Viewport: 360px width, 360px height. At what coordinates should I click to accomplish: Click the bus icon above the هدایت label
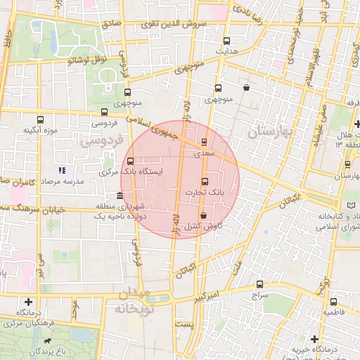point(226,41)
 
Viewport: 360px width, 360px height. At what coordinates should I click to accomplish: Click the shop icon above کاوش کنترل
point(203,215)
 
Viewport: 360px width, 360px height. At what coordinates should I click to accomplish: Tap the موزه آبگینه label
point(39,130)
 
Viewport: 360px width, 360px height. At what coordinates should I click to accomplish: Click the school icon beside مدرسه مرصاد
point(62,169)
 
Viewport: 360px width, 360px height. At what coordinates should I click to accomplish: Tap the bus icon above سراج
point(260,284)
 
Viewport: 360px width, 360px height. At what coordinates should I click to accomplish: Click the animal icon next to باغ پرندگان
point(46,342)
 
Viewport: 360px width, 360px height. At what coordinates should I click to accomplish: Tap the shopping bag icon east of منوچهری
point(246,88)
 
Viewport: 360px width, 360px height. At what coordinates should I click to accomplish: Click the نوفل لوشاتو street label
point(86,60)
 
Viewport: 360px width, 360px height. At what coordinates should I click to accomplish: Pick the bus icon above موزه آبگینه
point(40,119)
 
